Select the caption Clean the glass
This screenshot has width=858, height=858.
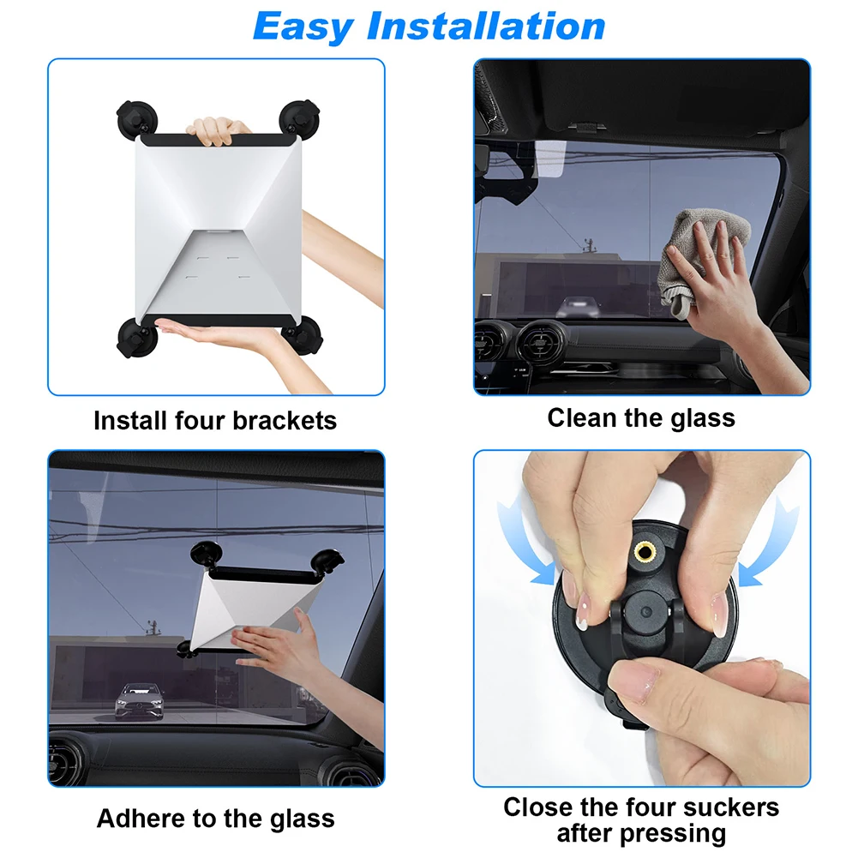641,417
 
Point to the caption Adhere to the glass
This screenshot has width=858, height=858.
215,818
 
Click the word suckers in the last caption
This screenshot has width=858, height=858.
725,807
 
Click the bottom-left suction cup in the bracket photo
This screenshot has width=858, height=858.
135,336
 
